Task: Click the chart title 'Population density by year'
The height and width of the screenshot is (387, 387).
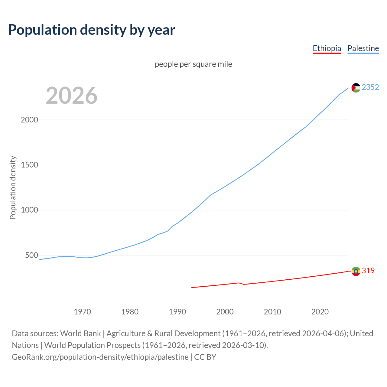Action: [x=92, y=30]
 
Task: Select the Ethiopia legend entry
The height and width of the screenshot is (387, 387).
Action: [x=327, y=48]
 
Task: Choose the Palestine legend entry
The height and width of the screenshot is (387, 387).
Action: [x=363, y=48]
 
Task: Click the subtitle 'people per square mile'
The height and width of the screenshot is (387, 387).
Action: [x=193, y=64]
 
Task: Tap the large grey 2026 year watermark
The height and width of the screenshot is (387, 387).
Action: [x=72, y=96]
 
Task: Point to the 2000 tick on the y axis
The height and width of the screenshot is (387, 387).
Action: [x=29, y=120]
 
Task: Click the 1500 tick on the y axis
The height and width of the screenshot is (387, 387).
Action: [x=29, y=165]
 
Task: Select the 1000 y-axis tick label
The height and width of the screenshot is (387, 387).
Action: [x=29, y=210]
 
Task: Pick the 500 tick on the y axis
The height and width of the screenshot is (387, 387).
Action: [x=32, y=255]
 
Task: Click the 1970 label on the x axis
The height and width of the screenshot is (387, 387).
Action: [x=82, y=311]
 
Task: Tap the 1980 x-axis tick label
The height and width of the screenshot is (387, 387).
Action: [x=130, y=311]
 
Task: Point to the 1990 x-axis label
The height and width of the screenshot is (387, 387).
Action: [x=177, y=311]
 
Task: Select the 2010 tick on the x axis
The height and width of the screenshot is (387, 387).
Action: [x=272, y=311]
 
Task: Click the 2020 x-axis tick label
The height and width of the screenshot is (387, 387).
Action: [x=320, y=311]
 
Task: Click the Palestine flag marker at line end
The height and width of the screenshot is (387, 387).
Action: [x=356, y=88]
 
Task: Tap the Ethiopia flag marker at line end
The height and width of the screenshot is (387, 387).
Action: [x=356, y=271]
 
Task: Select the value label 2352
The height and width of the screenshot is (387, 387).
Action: [x=370, y=87]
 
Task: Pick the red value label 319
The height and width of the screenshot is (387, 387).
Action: [x=368, y=271]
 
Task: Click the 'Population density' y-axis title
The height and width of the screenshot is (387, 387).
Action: [x=13, y=187]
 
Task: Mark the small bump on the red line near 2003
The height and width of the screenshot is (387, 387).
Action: [x=239, y=283]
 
